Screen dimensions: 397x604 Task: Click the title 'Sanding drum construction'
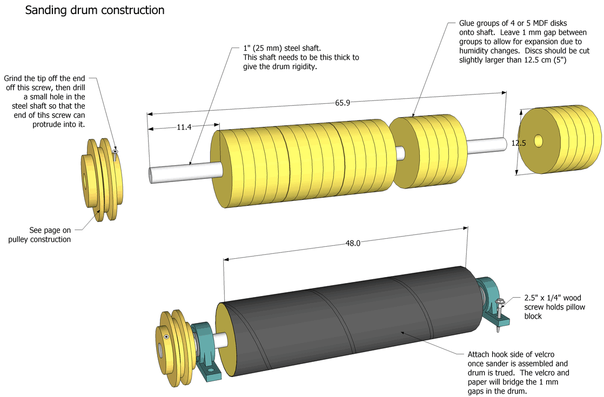(x=95, y=10)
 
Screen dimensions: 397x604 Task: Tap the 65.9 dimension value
(x=342, y=103)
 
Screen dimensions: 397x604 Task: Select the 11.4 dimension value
(x=184, y=127)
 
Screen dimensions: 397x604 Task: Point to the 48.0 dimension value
(x=352, y=244)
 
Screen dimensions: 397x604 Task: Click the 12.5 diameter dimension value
(x=518, y=143)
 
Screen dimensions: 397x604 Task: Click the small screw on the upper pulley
(x=115, y=154)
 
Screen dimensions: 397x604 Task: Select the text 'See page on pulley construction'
(x=50, y=234)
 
